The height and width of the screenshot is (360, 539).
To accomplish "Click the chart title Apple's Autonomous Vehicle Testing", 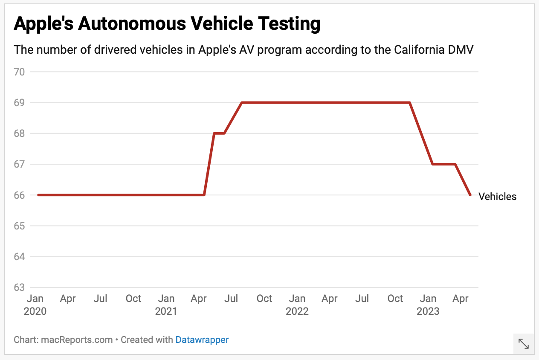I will click(167, 24).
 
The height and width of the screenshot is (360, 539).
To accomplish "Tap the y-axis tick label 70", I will click(20, 72).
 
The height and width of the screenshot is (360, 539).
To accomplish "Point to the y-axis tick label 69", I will click(20, 103).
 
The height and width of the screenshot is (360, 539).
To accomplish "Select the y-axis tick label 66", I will click(20, 195).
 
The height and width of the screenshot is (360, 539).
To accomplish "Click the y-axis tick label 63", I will click(20, 287).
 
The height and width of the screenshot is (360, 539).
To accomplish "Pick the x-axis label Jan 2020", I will click(35, 305).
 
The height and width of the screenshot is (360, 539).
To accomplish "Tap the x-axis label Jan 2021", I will click(166, 305).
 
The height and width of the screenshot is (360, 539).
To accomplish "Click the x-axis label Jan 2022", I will click(297, 305).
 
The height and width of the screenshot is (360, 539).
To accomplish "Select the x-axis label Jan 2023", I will click(428, 305).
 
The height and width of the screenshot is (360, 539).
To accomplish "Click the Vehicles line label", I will click(497, 197).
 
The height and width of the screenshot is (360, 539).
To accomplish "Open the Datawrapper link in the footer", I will click(202, 340).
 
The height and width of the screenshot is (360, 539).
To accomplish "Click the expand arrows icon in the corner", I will click(523, 344).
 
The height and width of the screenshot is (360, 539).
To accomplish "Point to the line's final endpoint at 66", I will click(470, 195).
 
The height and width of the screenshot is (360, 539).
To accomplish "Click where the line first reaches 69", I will click(242, 103).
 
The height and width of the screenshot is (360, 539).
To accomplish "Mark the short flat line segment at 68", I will click(219, 134).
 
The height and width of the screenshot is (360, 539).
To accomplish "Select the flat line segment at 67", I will click(444, 164).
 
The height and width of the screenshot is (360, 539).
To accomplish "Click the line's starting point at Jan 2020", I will click(38, 195).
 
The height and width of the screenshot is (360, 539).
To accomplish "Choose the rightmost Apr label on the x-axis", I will click(461, 299).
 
